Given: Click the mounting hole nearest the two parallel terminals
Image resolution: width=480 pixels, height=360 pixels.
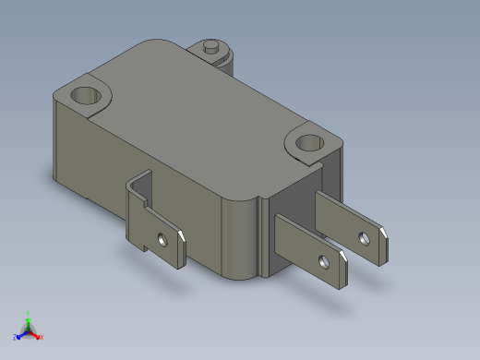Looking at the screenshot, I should click(x=308, y=143).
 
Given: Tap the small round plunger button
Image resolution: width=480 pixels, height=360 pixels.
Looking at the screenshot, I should click(x=211, y=43).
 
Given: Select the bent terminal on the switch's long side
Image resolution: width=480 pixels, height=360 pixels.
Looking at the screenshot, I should click(x=151, y=226).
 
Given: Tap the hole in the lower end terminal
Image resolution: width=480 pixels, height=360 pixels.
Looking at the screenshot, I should click(x=323, y=263).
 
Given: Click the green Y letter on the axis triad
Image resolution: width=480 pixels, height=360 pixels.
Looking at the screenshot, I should click(x=29, y=314).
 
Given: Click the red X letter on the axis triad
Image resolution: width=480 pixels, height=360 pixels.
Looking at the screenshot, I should click(x=42, y=337).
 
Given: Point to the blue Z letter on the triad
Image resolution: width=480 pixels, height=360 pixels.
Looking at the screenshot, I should click(x=16, y=337).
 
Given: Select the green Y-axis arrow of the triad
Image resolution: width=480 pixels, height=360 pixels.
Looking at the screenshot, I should click(x=29, y=322).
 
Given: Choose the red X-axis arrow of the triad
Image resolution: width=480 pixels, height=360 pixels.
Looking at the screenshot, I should click(x=35, y=333).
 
